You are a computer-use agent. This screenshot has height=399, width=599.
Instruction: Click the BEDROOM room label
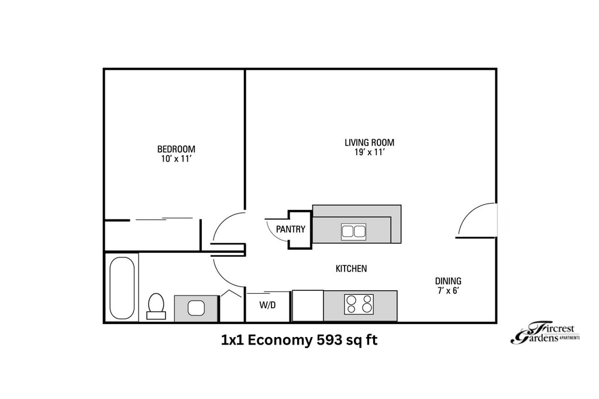tap(176, 149)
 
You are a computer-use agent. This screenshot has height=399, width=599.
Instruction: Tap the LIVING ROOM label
tap(369, 142)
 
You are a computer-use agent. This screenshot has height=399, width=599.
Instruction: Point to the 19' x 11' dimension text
tap(369, 153)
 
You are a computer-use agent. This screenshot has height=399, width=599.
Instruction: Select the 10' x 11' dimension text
tap(176, 159)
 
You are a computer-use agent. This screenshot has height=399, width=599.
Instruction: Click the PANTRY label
tap(291, 229)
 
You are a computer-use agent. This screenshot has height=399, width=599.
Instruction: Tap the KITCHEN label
tap(351, 269)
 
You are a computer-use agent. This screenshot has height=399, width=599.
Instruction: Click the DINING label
tap(448, 281)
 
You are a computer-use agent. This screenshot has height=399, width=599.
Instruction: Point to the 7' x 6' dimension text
tap(448, 291)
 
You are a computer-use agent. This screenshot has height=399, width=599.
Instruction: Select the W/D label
tap(267, 305)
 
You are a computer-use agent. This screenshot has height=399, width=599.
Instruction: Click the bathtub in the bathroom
tap(122, 288)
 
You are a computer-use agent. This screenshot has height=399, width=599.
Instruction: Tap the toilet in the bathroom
tap(156, 305)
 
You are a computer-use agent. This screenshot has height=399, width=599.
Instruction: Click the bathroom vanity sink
tap(195, 307)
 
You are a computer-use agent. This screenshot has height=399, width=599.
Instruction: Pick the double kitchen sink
tap(353, 231)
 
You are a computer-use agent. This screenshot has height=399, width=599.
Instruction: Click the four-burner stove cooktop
tap(359, 304)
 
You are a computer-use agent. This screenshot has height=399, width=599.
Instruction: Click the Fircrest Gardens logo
tap(544, 334)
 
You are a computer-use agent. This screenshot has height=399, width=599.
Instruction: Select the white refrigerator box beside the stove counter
tap(308, 305)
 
